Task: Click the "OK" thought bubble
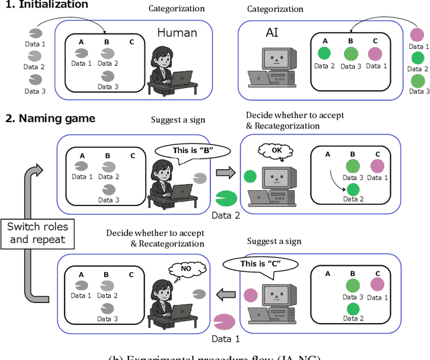pyautogui.click(x=276, y=151)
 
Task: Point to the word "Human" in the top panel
pyautogui.click(x=177, y=32)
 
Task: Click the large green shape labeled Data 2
pyautogui.click(x=227, y=199)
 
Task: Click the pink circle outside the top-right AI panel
pyautogui.click(x=417, y=34)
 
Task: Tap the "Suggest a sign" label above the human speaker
pyautogui.click(x=177, y=120)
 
